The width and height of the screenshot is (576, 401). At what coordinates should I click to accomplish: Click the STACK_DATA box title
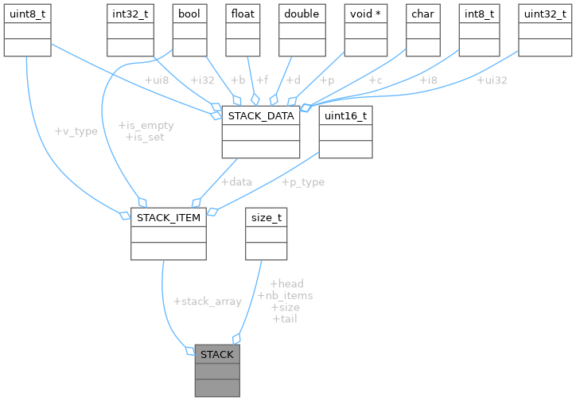tap(261, 116)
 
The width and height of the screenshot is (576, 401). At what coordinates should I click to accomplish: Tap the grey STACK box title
tap(216, 354)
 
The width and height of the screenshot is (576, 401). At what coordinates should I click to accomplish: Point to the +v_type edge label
tap(76, 131)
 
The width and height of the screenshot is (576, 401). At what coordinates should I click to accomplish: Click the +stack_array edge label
tap(207, 302)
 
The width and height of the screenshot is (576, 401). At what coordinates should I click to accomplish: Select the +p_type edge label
tap(302, 182)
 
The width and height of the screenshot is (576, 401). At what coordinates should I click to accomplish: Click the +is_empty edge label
tap(146, 126)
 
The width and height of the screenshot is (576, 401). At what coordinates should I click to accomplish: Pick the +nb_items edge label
tap(286, 295)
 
